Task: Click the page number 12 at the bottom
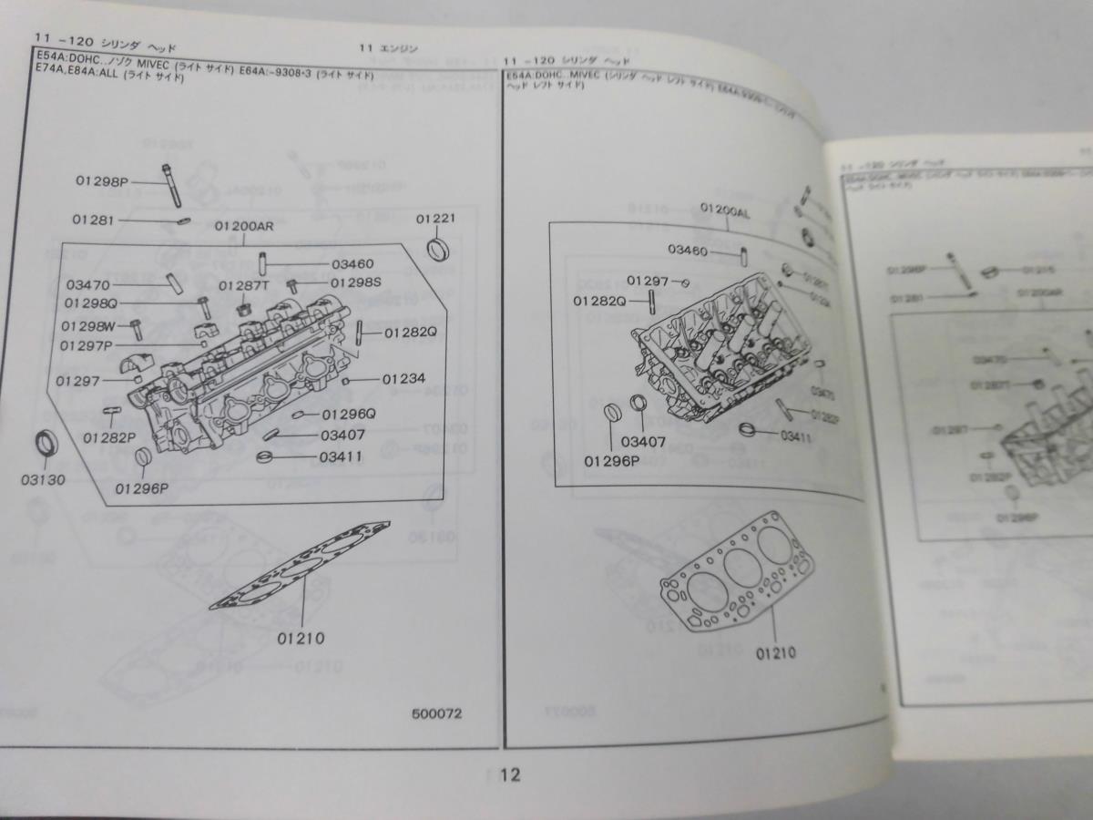coord(510,775)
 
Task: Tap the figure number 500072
coord(436,713)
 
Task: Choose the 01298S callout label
coord(355,282)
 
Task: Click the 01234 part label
coord(402,378)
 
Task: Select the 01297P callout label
coord(86,345)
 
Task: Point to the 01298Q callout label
coord(91,302)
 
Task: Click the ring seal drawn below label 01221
coord(440,250)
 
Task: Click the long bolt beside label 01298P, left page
coord(173,186)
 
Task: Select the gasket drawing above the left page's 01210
coord(301,565)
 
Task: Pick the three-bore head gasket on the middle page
coord(738,569)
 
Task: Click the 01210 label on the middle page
coord(775,652)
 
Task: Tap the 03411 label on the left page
coord(342,456)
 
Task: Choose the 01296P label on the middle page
coord(609,459)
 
